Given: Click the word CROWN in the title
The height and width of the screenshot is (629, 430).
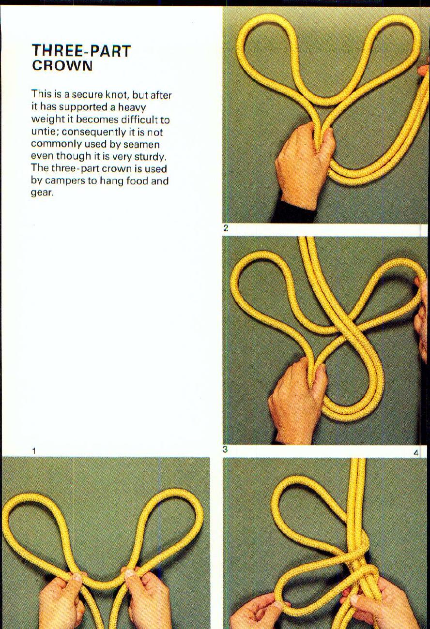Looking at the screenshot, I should click(x=62, y=66).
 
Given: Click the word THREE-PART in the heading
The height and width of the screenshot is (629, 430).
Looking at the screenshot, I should click(x=81, y=51).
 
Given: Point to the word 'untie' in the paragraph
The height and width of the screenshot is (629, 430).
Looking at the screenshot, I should click(x=45, y=132).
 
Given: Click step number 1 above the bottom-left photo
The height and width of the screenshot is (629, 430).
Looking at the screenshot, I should click(x=34, y=451).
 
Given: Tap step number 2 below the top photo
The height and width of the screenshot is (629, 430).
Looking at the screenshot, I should click(x=226, y=228).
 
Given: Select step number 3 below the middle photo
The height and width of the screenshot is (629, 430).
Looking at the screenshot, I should click(x=225, y=449).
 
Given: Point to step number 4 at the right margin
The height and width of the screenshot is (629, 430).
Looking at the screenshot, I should click(x=416, y=453).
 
